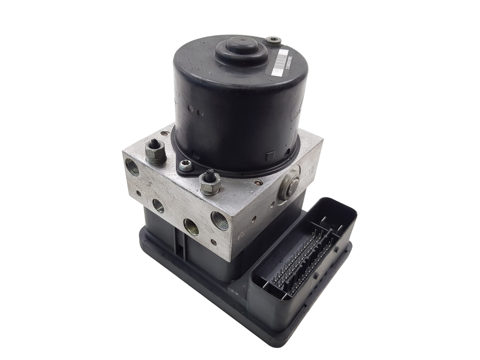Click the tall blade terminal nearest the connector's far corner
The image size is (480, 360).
(322, 222)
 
